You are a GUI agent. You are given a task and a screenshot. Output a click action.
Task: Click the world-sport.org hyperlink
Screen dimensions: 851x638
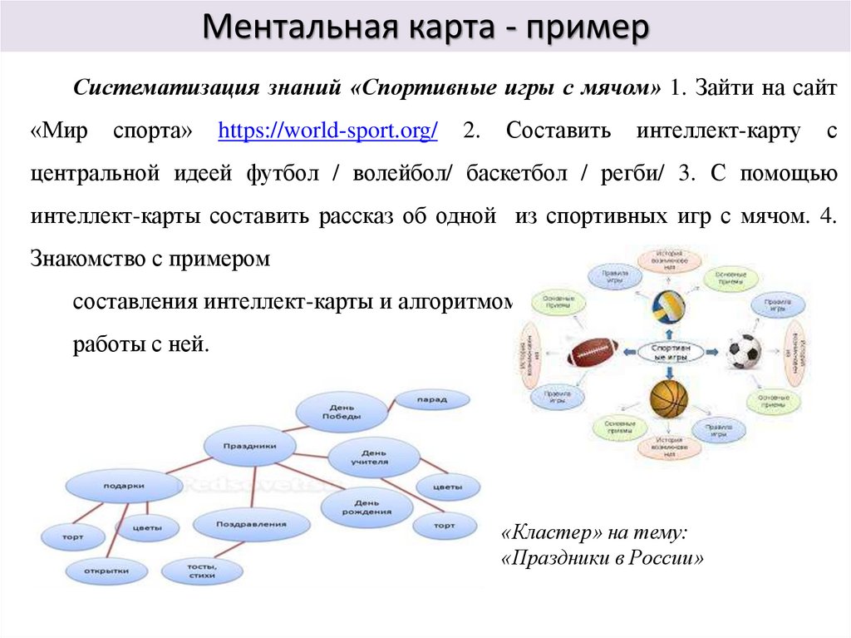327,131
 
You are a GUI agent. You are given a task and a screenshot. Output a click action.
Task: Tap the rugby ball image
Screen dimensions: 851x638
593,352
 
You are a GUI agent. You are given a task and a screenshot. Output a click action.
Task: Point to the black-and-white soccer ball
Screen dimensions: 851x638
743,352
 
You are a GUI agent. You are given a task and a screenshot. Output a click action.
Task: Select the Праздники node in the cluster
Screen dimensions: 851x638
249,446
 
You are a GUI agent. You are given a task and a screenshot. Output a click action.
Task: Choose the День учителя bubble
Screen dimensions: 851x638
369,457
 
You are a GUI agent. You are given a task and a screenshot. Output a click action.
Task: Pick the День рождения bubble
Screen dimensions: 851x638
366,507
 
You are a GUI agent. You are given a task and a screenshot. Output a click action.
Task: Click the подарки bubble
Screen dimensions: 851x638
123,486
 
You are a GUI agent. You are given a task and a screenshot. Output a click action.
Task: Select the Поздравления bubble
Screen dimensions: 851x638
251,524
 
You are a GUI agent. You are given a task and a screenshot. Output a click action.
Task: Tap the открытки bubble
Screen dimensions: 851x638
107,571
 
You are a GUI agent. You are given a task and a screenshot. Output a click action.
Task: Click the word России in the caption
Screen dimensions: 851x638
668,557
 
